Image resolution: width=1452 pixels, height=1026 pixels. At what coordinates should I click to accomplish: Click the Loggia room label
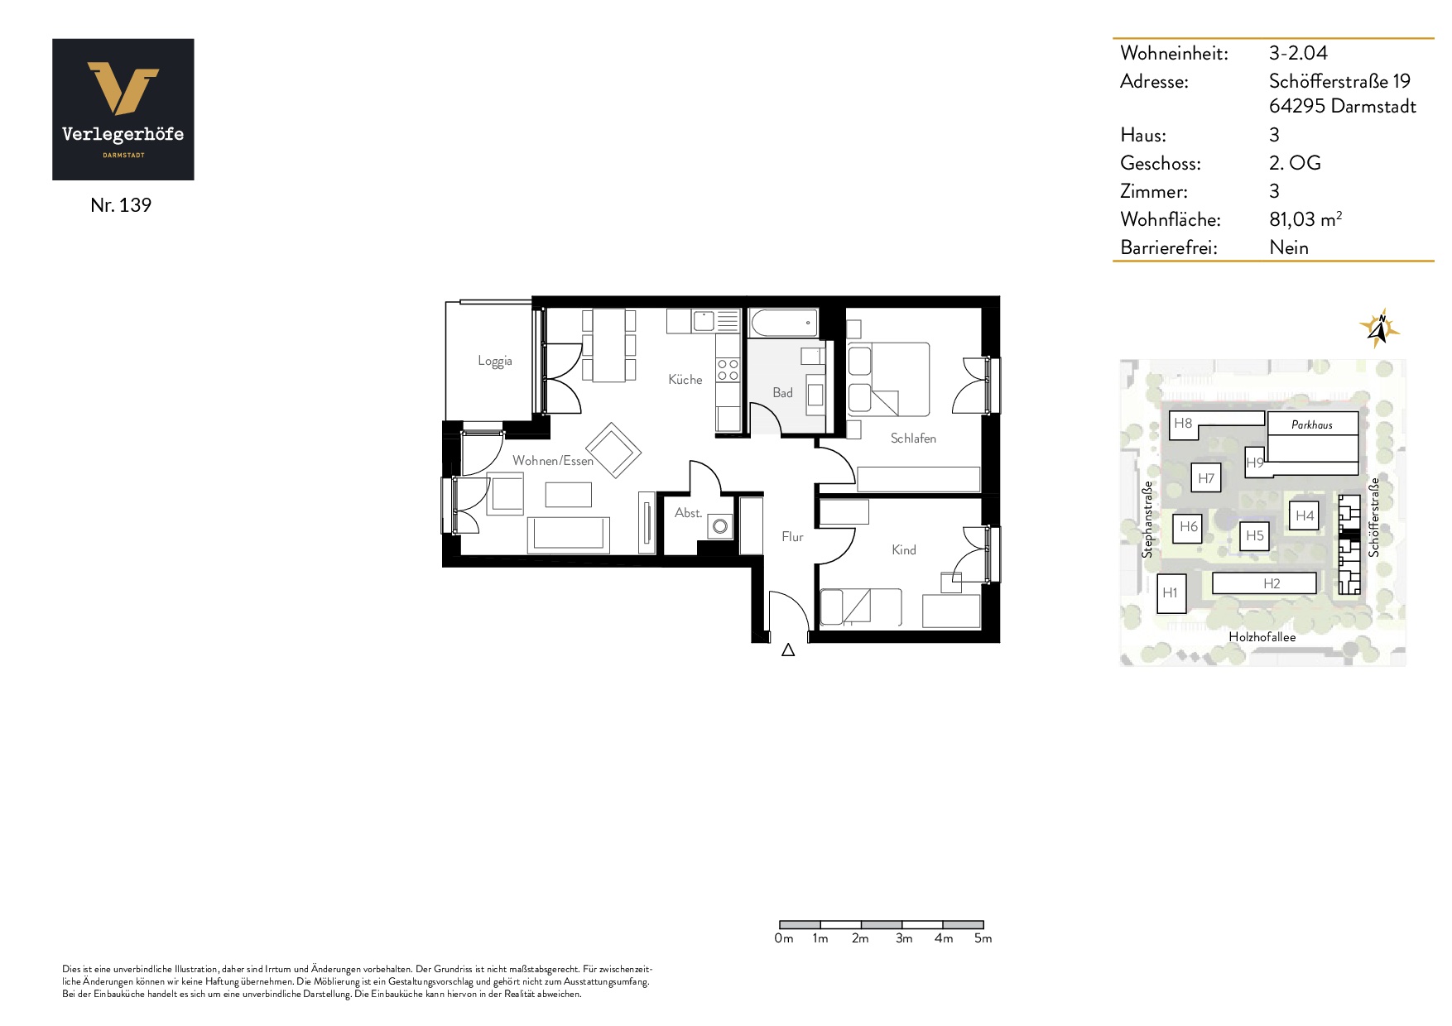point(495,361)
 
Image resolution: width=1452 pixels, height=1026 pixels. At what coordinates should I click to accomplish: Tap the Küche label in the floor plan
point(685,379)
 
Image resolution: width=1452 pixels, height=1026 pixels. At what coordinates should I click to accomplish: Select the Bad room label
point(782,392)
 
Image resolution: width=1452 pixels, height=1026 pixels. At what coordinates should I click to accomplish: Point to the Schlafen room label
point(913,438)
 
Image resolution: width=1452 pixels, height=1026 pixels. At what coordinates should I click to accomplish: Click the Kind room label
point(904,549)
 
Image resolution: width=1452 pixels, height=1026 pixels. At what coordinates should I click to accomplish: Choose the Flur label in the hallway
point(792,536)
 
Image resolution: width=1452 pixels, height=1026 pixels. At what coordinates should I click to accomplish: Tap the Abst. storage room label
point(688,513)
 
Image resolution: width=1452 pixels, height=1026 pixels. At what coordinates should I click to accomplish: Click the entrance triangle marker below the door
point(788,650)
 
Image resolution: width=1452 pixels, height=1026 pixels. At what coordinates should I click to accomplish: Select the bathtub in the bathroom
point(783,323)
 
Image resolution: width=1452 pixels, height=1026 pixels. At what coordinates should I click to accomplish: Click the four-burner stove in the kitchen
point(728,370)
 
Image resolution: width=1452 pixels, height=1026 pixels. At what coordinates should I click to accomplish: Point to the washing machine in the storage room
point(720,526)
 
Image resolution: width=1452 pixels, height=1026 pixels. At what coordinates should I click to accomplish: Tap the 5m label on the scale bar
point(983,938)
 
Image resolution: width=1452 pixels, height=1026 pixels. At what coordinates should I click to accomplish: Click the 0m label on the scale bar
point(784,938)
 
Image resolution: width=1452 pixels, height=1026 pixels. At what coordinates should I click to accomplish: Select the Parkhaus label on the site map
point(1312,424)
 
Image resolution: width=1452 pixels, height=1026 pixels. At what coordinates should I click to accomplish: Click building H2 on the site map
point(1264,583)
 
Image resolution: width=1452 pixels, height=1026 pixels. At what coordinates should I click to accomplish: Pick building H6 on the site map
point(1188,527)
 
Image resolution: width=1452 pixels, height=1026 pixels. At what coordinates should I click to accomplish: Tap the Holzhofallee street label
point(1262,637)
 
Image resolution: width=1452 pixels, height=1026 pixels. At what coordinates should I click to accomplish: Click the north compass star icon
point(1379,328)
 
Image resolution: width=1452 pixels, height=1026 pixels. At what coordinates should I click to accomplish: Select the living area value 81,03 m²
point(1305,219)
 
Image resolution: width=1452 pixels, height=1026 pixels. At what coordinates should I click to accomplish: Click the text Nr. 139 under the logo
point(121,205)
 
